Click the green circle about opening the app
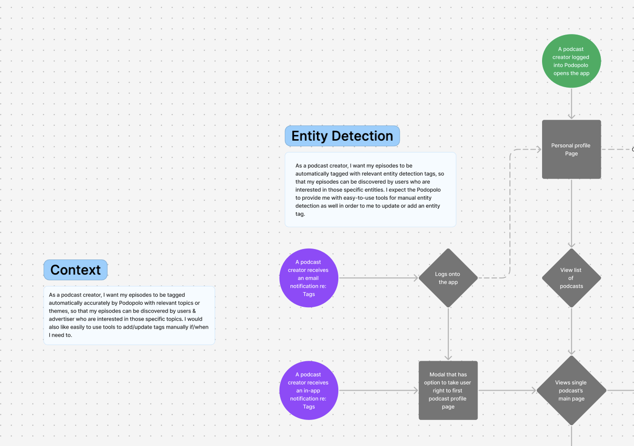pyautogui.click(x=571, y=61)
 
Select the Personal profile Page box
pyautogui.click(x=571, y=149)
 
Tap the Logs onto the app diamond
pyautogui.click(x=448, y=278)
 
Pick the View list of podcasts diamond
pyautogui.click(x=571, y=278)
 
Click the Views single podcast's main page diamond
pyautogui.click(x=571, y=391)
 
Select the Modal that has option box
pyautogui.click(x=448, y=391)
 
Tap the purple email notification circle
pyautogui.click(x=309, y=278)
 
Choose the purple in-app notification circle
pyautogui.click(x=309, y=391)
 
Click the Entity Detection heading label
pyautogui.click(x=342, y=136)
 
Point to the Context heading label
pyautogui.click(x=75, y=270)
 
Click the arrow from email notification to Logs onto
pyautogui.click(x=379, y=278)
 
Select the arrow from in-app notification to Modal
pyautogui.click(x=379, y=391)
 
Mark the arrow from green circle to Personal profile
pyautogui.click(x=571, y=104)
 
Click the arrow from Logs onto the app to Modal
pyautogui.click(x=448, y=334)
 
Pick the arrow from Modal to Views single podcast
pyautogui.click(x=507, y=391)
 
